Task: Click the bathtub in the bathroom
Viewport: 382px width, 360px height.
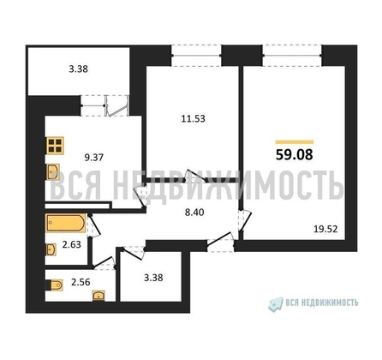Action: [64, 225]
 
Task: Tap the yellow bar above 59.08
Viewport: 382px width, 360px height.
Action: [294, 141]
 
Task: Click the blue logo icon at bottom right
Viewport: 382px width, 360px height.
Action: [276, 303]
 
